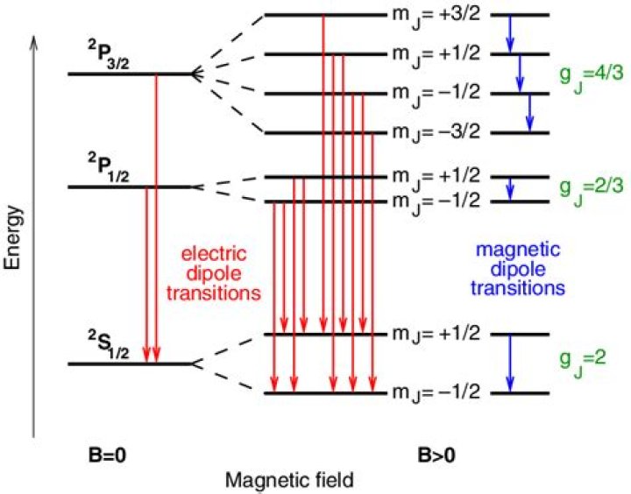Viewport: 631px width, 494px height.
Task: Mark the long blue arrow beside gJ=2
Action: (x=510, y=363)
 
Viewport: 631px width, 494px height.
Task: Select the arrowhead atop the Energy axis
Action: (x=33, y=40)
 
